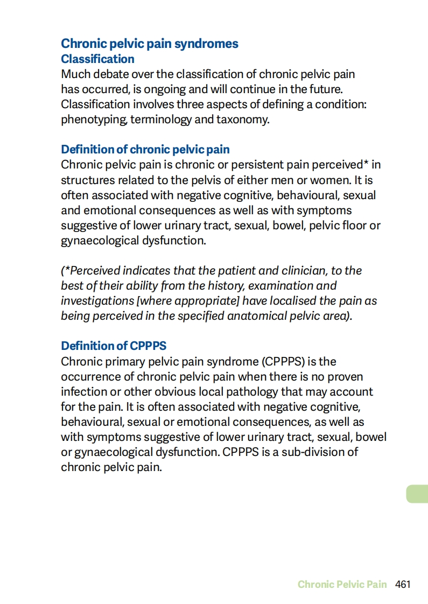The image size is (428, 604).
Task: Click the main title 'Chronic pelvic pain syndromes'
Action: [150, 44]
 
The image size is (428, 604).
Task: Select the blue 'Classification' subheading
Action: [97, 59]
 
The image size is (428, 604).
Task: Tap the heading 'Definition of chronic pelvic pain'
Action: [145, 149]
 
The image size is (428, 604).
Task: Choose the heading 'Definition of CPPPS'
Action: [113, 346]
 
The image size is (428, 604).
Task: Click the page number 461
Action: [403, 584]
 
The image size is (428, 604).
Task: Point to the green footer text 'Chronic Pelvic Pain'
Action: [342, 584]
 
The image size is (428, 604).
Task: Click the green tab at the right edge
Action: [417, 494]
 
